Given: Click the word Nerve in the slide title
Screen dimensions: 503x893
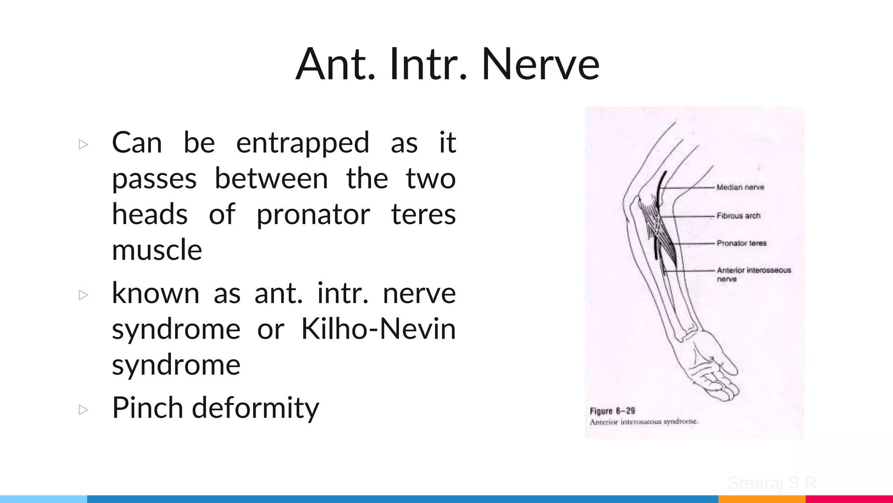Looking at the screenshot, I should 540,65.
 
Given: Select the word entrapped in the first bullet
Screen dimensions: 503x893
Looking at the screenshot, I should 302,143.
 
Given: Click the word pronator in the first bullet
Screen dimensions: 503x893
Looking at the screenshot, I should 313,215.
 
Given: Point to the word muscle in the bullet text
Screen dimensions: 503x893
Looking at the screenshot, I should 157,250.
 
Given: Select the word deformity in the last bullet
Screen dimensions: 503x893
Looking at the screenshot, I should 256,408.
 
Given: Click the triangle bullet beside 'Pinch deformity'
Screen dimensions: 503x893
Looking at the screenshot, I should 83,410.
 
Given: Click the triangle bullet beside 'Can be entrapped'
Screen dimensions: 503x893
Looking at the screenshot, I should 83,145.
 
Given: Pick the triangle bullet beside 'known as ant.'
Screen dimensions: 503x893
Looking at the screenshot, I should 83,295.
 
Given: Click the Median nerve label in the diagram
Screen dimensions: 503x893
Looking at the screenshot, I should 740,187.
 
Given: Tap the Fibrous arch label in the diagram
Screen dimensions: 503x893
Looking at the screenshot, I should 738,216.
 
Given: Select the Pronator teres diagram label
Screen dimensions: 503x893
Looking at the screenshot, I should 741,243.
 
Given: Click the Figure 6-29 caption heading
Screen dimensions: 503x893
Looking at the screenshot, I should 612,411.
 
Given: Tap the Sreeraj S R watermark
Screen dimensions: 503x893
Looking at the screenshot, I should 771,483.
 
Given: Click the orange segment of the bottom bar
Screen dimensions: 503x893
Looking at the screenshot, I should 761,499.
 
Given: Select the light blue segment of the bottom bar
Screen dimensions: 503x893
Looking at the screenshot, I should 44,499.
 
